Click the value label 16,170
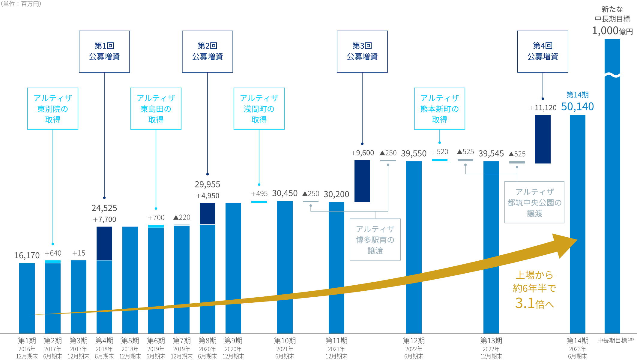tap(27, 255)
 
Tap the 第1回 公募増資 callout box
tap(104, 51)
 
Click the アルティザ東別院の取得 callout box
tap(53, 108)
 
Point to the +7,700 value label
tap(104, 219)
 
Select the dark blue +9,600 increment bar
tap(362, 181)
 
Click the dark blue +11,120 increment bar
tap(543, 139)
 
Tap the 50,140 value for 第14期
tap(577, 106)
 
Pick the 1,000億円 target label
tap(612, 31)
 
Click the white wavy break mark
tap(612, 75)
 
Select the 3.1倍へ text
tap(534, 303)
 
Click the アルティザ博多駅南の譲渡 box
tap(375, 239)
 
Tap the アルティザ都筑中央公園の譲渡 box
tap(534, 202)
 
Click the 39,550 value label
tap(414, 154)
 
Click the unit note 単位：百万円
tap(21, 4)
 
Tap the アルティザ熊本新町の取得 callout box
tap(439, 108)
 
